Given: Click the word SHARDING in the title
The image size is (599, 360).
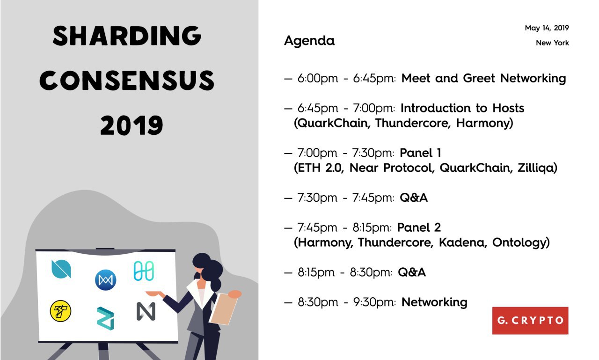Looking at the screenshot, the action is pos(127,36).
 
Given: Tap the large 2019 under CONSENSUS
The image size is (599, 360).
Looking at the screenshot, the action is pos(131,125).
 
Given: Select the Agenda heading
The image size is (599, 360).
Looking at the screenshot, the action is pos(309,41).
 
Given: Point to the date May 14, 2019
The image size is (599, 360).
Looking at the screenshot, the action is pos(547,28).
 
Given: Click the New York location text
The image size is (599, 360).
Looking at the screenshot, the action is pos(553,43).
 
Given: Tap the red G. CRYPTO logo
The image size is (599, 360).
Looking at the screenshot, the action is pos(530,320).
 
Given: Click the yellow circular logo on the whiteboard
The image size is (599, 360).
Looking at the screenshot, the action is pos(61,311).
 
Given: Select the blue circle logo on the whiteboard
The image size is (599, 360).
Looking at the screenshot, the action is pos(106,280).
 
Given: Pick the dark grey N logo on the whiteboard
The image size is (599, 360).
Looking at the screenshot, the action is pos(146,311).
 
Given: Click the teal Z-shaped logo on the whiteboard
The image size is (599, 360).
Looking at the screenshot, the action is pos(106,318).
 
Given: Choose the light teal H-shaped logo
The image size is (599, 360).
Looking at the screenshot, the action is pos(144,271).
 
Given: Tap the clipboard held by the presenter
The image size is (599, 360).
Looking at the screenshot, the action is pos(224,309).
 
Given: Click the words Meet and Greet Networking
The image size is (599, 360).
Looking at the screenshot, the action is pos(484,79).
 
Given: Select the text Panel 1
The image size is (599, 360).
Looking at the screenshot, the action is pos(420,153).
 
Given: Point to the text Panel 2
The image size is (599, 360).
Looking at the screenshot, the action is pos(419,228).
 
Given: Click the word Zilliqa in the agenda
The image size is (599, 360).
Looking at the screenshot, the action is pos(537,169).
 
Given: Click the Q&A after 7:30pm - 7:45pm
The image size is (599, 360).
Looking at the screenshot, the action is pos(414,198).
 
